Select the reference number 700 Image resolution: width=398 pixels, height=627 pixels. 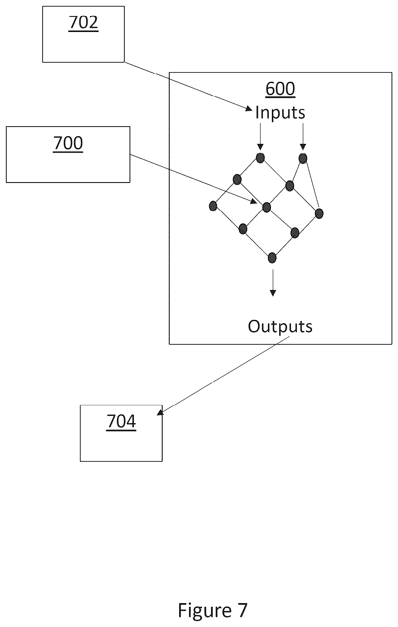click(68, 143)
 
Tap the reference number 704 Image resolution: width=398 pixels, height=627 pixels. click(121, 422)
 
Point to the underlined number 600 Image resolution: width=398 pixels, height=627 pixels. click(280, 89)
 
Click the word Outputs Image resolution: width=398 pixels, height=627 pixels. click(280, 326)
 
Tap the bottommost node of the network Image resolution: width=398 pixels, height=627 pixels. click(272, 257)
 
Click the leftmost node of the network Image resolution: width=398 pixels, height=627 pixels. click(213, 206)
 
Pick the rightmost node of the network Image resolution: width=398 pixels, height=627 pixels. click(319, 214)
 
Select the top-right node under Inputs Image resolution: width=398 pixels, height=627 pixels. click(303, 159)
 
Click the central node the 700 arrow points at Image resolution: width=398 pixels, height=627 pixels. click(266, 207)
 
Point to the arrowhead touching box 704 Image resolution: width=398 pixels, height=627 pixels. click(160, 412)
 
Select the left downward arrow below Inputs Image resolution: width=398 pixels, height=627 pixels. click(260, 137)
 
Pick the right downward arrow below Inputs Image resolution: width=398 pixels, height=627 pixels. click(303, 137)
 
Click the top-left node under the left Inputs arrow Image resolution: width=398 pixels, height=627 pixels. click(260, 158)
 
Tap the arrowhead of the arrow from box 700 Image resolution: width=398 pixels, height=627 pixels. click(254, 201)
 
